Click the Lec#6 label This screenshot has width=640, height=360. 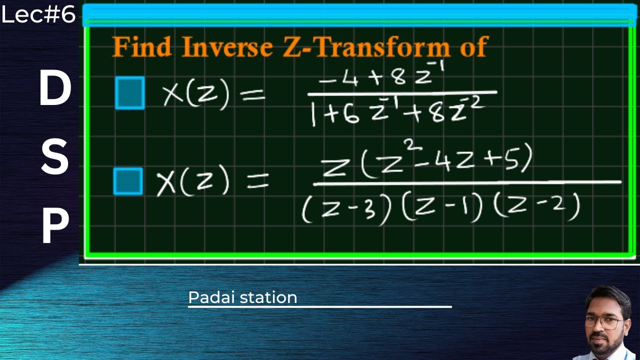(38, 15)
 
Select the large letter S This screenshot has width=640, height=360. (54, 158)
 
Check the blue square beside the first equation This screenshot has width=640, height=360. (130, 92)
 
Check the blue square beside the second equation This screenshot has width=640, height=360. (128, 181)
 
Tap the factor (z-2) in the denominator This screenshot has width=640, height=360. (536, 206)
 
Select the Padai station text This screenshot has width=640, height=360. (242, 297)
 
